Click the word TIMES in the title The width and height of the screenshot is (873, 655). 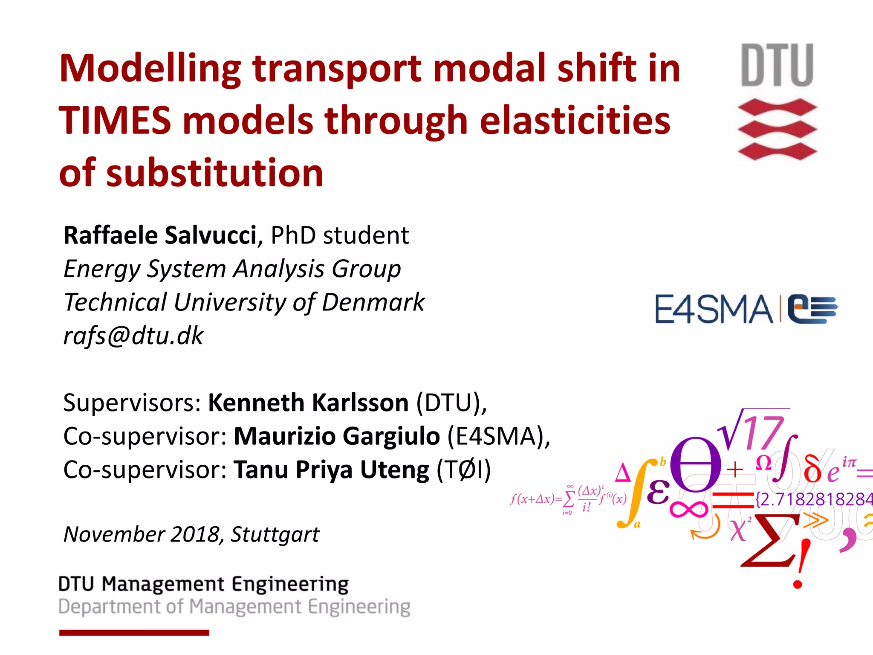pos(115,121)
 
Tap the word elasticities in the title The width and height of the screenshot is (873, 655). pos(575,121)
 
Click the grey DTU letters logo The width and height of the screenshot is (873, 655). pos(777,65)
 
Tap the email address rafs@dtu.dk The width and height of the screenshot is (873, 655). pos(133,336)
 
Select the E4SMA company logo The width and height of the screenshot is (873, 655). pos(746,309)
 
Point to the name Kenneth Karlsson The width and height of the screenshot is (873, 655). pos(308,403)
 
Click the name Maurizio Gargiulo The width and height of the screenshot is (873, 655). pos(337,436)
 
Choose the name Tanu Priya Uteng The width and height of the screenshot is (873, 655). pos(331,470)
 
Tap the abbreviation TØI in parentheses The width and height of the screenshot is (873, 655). pos(464,470)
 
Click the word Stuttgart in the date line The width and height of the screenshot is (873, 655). pos(275,534)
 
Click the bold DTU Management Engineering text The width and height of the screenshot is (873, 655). pos(203,584)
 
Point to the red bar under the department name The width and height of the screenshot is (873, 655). pos(134,633)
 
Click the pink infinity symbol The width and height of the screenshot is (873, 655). pos(688,509)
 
